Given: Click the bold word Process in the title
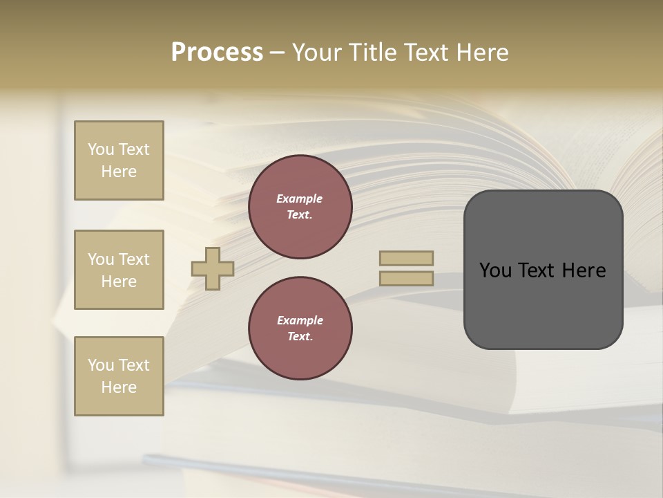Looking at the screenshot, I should tap(217, 53).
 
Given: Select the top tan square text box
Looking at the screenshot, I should tap(119, 160).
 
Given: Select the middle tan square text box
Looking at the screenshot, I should tap(119, 270).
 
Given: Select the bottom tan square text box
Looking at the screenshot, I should tap(119, 376).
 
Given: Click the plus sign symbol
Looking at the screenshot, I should tap(213, 268).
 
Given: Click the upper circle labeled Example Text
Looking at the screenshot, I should tap(300, 207).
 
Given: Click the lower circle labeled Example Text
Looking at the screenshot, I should tap(300, 329).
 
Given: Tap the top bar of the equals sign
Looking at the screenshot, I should tap(406, 258).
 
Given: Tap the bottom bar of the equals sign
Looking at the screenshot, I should tap(406, 278).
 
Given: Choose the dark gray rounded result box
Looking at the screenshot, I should tap(543, 304).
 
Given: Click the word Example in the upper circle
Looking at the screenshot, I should tap(300, 199).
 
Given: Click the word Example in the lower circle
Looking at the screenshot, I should tap(300, 320).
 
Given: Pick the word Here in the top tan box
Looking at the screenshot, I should tap(119, 172).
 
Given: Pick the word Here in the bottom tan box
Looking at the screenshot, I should tap(119, 387).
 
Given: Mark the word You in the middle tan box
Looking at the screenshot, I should tap(100, 259).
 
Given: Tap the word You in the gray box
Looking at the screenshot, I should tap(496, 270).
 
